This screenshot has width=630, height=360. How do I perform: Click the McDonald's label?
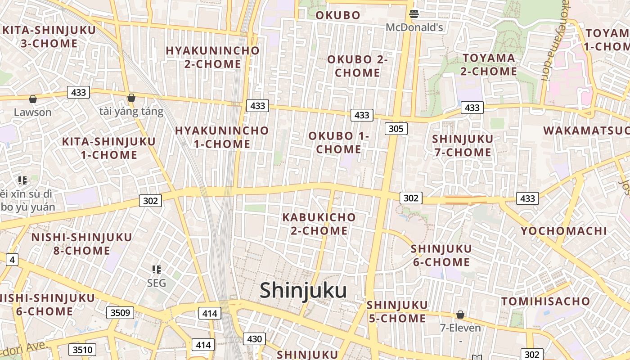coord(414,27)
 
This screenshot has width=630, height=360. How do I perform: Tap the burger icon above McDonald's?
coord(414,14)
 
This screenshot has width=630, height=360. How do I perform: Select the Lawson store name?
coord(32,112)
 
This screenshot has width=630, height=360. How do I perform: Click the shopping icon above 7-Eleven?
coord(460,315)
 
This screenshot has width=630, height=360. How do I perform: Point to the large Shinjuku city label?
coord(303,290)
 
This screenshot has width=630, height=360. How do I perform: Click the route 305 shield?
coord(396,129)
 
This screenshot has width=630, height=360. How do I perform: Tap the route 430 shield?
coord(254,339)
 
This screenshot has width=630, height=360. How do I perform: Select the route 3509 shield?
coord(120,313)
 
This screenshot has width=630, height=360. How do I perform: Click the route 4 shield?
coord(12,259)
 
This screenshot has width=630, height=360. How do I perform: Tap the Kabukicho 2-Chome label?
coord(319,224)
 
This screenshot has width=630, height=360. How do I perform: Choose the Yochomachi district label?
coord(564,231)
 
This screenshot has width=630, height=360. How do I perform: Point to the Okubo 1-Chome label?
coord(339,142)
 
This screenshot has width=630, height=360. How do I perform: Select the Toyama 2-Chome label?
coord(489,64)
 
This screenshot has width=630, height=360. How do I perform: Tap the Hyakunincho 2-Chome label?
coord(213,57)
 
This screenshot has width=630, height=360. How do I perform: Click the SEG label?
coord(157,283)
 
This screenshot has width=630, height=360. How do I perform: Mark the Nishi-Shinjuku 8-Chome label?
coord(81,243)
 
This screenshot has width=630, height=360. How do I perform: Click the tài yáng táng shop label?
coord(131,112)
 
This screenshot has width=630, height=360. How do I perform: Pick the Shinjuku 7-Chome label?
coord(463,145)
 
